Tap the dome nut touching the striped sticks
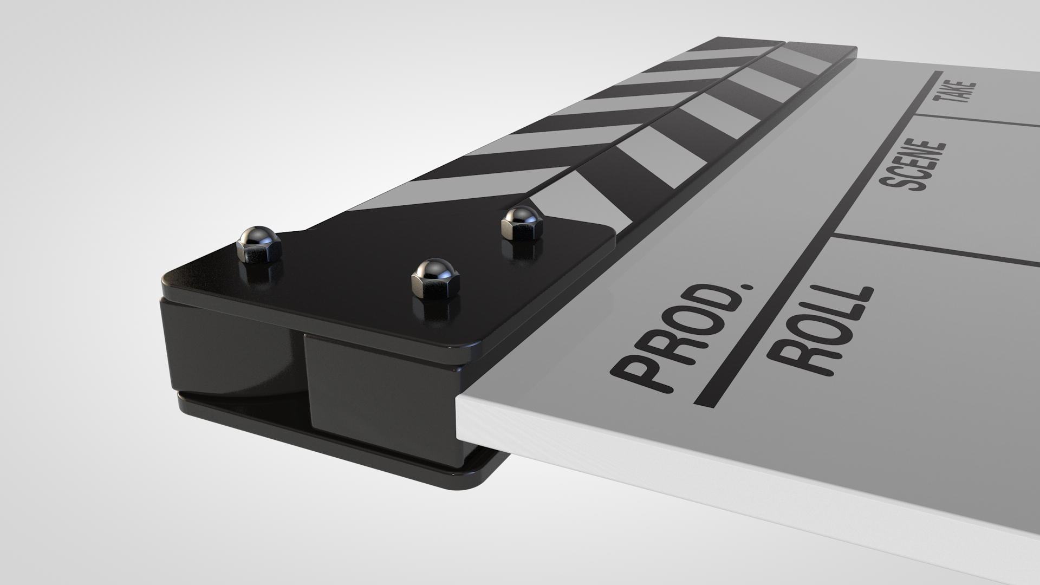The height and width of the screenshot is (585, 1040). click(x=521, y=221)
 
